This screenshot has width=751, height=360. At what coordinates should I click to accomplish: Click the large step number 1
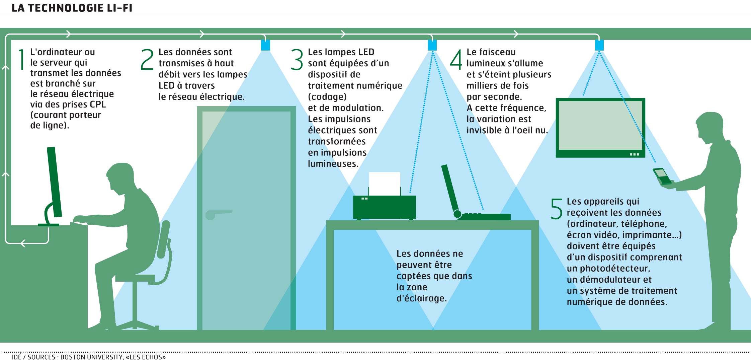pos(22,59)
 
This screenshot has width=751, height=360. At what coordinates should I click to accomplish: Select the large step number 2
pos(147,59)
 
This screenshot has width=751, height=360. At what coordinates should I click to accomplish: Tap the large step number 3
pos(297,59)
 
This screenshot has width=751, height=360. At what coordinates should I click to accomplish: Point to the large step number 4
pos(456,59)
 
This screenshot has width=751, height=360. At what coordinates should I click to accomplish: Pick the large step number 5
pos(557,209)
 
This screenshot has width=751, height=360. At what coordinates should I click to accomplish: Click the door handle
pos(218,214)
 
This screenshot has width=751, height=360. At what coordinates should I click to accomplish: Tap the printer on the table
pos(384,207)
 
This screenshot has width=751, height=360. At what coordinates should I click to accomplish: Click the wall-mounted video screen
pos(600,128)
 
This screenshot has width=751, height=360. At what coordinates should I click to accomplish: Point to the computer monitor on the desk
pos(55,183)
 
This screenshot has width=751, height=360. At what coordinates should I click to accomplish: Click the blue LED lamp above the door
pos(265,45)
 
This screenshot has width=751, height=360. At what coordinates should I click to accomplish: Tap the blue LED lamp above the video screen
pos(599,45)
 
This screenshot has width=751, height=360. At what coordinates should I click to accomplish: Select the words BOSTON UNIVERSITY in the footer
pos(91,357)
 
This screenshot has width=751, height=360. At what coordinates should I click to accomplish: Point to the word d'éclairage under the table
pos(421,298)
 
